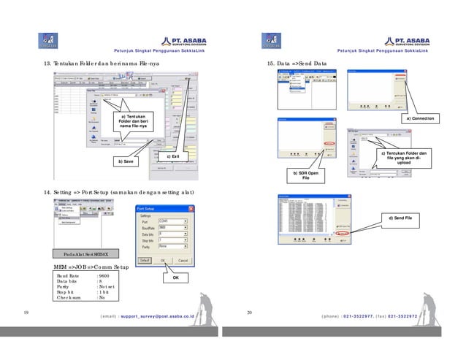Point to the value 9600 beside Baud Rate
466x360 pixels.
click(x=104, y=275)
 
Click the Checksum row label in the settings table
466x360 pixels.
click(x=70, y=298)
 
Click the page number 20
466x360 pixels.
click(x=250, y=313)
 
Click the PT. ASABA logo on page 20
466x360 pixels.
click(x=406, y=42)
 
